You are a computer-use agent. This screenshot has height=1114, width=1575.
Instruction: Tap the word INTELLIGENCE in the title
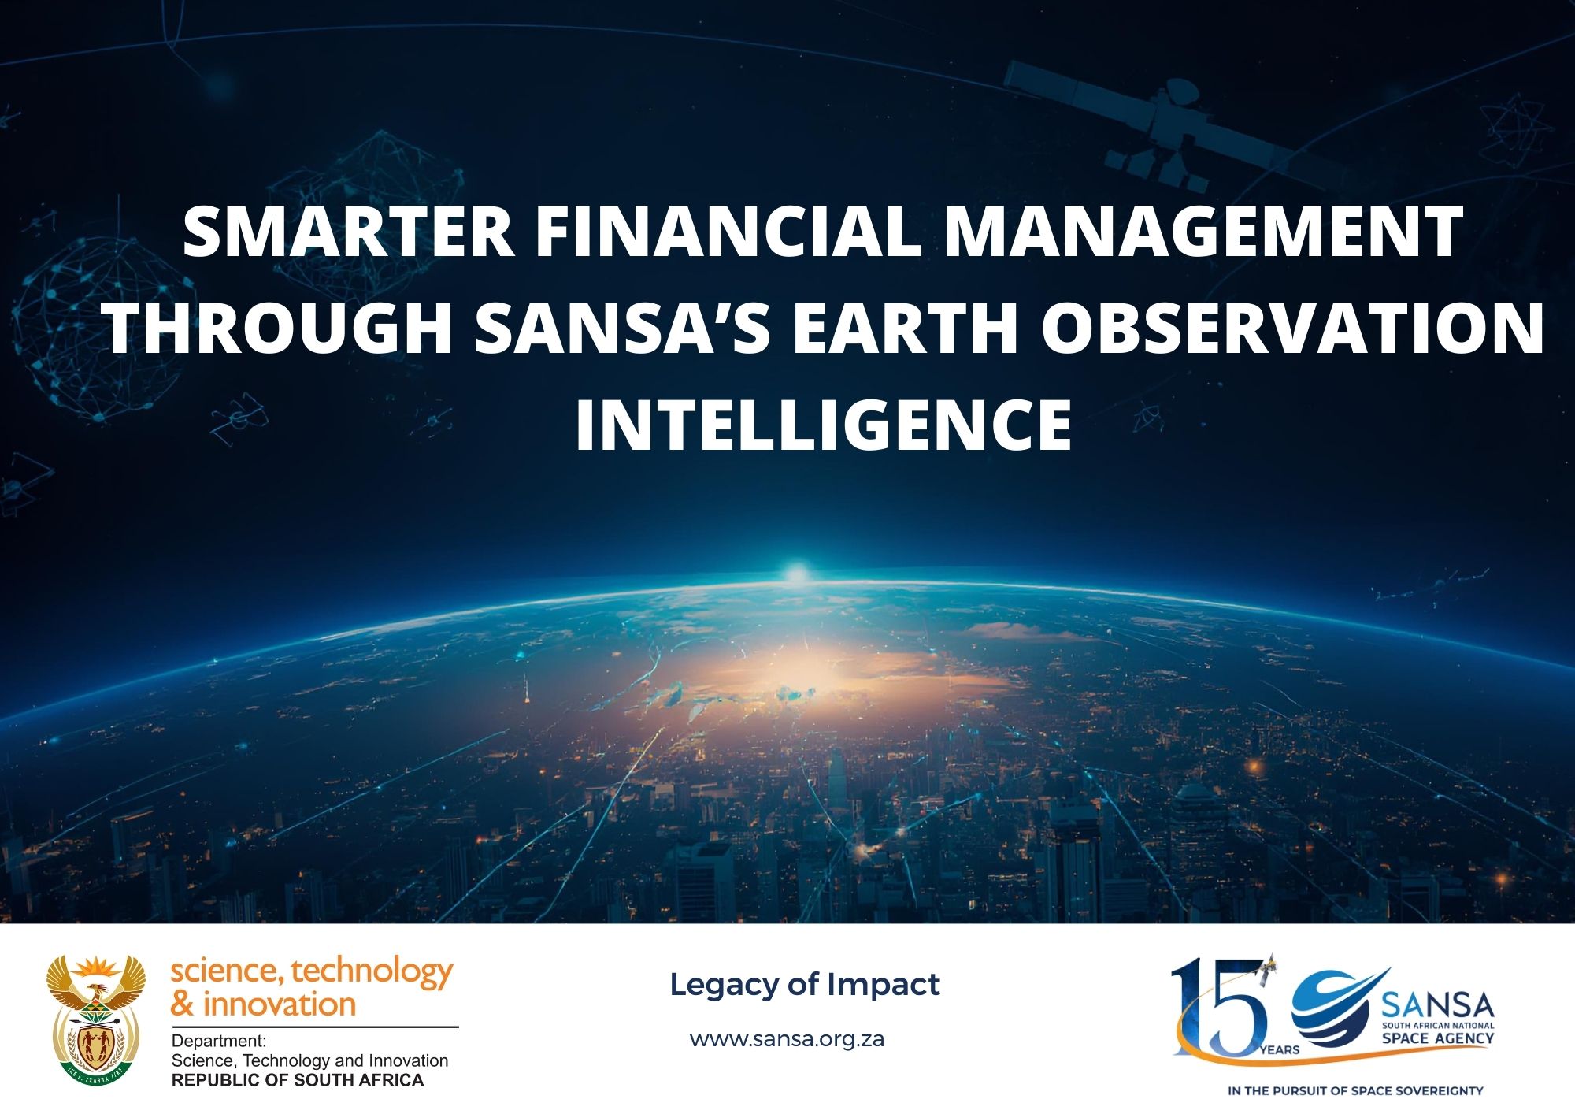tap(823, 425)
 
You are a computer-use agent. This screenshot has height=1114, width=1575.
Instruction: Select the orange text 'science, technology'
tap(312, 972)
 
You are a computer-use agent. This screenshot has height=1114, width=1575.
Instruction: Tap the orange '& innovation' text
tap(263, 1004)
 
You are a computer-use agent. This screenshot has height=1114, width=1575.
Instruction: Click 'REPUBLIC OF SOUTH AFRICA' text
tap(298, 1080)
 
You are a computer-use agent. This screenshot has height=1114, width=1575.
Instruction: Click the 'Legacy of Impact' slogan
tap(804, 984)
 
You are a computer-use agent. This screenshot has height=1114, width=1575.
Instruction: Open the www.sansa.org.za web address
tap(787, 1039)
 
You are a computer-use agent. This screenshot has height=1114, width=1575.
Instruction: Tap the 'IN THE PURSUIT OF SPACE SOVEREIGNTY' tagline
tap(1354, 1091)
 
